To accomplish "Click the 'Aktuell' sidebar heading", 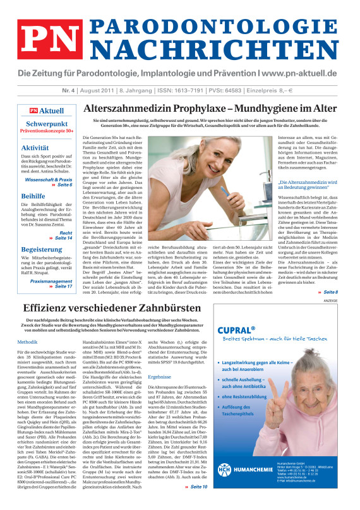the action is tap(51, 111).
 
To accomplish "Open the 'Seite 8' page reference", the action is tap(331, 292).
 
